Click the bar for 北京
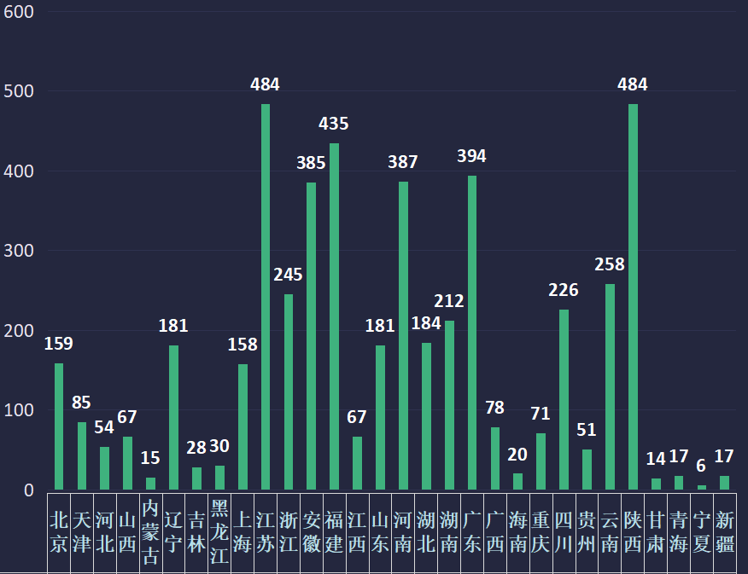tap(59, 426)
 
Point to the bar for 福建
tap(334, 316)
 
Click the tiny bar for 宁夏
tap(702, 487)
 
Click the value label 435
tap(334, 124)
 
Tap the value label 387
tap(403, 162)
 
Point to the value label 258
tap(610, 264)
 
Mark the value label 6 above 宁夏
tap(701, 467)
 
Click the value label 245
tap(288, 275)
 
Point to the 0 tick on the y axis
tap(28, 490)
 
